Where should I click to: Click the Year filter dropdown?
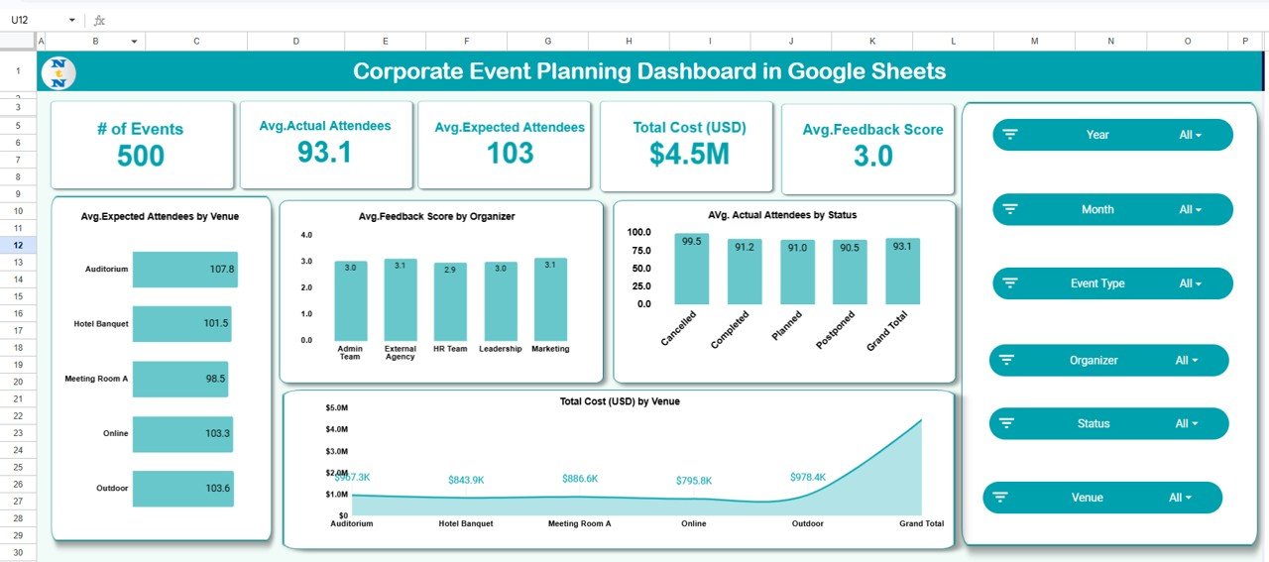(1112, 135)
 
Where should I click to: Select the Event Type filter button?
(1112, 283)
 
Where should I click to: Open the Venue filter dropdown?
(1102, 498)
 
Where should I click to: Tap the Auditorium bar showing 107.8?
(184, 269)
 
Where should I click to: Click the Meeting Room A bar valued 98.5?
(179, 378)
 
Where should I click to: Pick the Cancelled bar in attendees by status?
(692, 269)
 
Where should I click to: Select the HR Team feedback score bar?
(450, 301)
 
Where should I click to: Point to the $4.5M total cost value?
(689, 154)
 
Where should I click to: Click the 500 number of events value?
(141, 156)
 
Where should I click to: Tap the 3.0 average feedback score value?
(872, 156)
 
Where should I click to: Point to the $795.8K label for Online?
(693, 480)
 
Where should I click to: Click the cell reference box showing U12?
(40, 20)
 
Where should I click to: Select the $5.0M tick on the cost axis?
(335, 407)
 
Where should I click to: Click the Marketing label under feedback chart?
(550, 349)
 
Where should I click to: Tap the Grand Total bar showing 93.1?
(902, 271)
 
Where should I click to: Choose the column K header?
(871, 41)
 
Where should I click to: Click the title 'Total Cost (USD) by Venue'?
(619, 401)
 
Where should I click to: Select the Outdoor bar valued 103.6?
(182, 488)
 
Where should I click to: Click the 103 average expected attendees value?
(510, 153)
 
